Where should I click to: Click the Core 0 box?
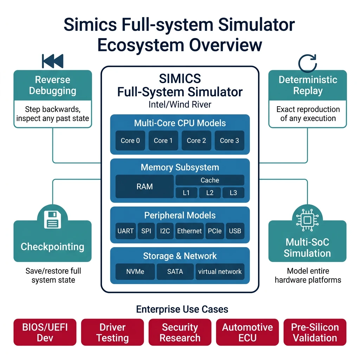pos(130,141)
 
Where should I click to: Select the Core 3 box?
pos(229,141)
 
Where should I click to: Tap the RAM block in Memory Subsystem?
pos(144,186)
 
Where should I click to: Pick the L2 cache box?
pos(210,193)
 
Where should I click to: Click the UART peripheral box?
pos(126,231)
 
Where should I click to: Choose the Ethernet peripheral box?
pos(189,231)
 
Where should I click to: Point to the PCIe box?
pos(214,231)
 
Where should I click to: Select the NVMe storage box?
pos(135,271)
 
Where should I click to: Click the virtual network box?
pos(220,271)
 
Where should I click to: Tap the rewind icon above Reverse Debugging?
pos(52,61)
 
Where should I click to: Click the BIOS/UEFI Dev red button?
pos(45,333)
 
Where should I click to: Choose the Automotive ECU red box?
pos(247,333)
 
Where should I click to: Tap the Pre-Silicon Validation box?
pos(315,333)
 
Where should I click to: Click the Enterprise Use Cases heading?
pos(182,309)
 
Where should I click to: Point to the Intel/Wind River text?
pos(180,105)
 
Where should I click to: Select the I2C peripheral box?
pos(165,231)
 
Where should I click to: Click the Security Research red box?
pos(180,333)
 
